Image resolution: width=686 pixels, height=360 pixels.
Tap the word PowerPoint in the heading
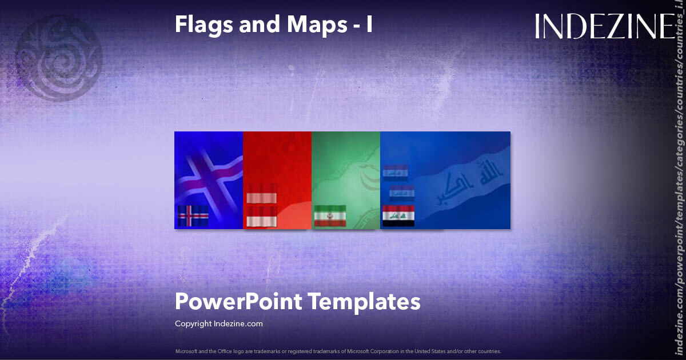pyautogui.click(x=238, y=302)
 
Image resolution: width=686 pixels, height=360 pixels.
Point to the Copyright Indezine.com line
pyautogui.click(x=218, y=323)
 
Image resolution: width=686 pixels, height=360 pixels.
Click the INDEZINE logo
pyautogui.click(x=604, y=27)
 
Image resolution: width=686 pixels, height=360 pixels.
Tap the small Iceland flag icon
pyautogui.click(x=193, y=216)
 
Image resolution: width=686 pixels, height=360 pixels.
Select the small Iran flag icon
pyautogui.click(x=330, y=216)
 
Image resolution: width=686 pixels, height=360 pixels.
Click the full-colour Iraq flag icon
pyautogui.click(x=398, y=216)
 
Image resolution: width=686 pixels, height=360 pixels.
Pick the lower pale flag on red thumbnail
pyautogui.click(x=261, y=217)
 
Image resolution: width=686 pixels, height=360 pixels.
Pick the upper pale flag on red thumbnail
pyautogui.click(x=261, y=195)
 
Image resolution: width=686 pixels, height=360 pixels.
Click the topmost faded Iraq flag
pyautogui.click(x=395, y=173)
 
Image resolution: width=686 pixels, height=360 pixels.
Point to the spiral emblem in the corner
pyautogui.click(x=58, y=58)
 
